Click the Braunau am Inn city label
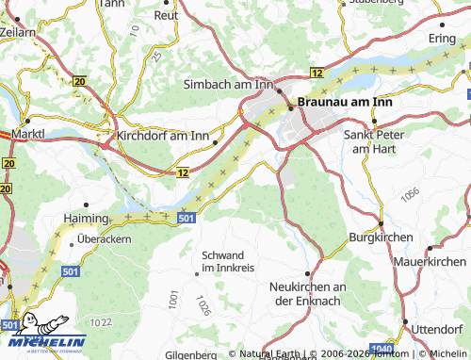(349, 99)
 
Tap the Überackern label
(105, 238)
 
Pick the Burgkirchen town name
(382, 239)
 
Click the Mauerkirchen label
(430, 261)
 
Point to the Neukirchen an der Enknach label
(309, 292)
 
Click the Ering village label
(442, 37)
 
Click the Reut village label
(166, 15)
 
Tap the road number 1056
(409, 194)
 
